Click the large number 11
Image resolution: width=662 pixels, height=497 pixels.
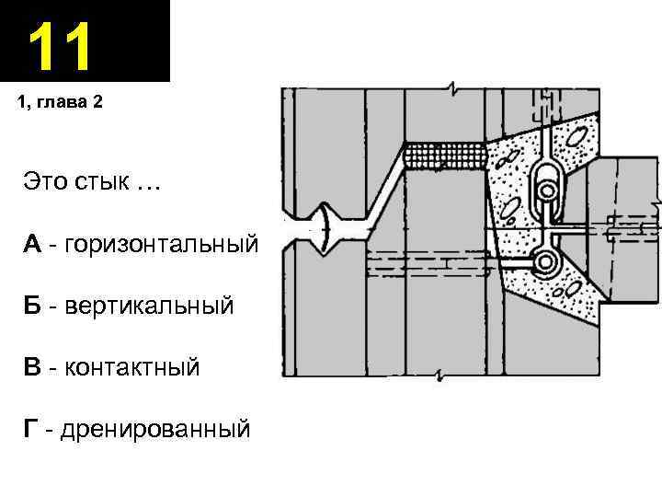coord(61,47)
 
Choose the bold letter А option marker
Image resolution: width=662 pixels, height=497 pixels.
coord(32,245)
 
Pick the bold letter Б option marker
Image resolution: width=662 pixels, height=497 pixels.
coord(32,306)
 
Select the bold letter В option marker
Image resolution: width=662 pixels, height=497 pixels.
coord(32,368)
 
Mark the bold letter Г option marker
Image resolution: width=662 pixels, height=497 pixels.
coord(31,428)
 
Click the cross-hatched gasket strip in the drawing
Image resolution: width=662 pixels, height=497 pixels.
coord(447,156)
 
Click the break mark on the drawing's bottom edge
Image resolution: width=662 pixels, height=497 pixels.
coord(441,376)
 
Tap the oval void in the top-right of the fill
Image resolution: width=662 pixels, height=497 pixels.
coord(578,137)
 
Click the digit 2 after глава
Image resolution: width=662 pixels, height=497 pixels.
coord(98,102)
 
